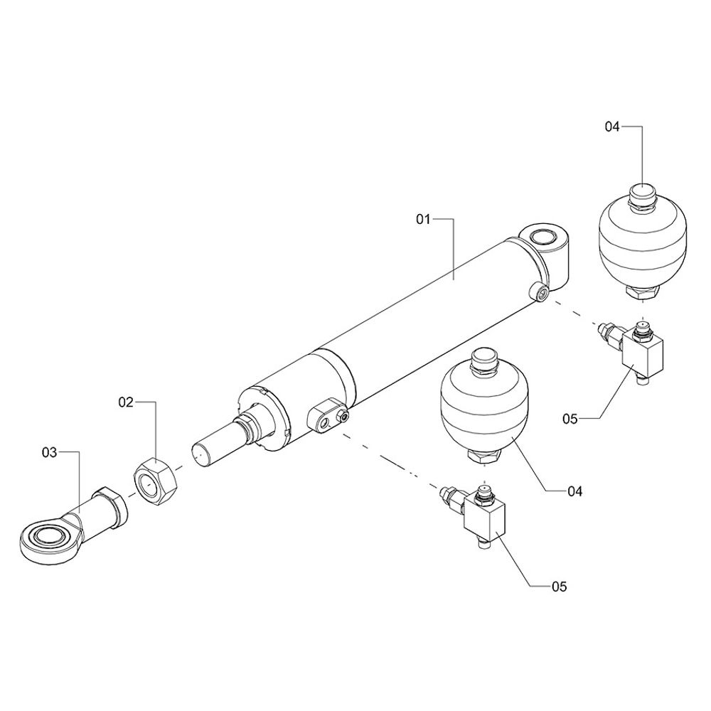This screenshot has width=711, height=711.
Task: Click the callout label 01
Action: click(x=422, y=220)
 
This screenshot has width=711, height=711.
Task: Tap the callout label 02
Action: click(x=126, y=402)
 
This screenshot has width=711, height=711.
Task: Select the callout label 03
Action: click(x=50, y=452)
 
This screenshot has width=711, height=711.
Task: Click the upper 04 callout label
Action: click(x=611, y=127)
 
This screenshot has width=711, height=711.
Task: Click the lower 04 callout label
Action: click(x=575, y=491)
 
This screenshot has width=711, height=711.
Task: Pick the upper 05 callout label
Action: click(x=570, y=419)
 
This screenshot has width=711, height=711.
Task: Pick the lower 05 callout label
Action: click(x=559, y=587)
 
